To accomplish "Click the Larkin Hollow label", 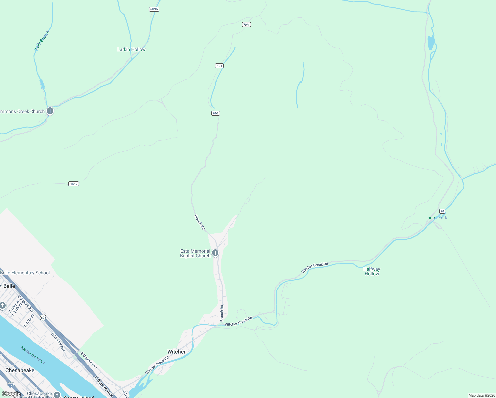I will (x=131, y=49).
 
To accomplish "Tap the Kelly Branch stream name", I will (x=42, y=41).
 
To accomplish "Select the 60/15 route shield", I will (x=154, y=9).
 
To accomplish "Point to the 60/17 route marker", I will (x=74, y=184).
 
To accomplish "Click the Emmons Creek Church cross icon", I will (x=50, y=111).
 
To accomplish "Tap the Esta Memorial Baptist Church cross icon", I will (x=215, y=253).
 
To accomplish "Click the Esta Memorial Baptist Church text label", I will (x=195, y=253).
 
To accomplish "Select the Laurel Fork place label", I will (x=436, y=218).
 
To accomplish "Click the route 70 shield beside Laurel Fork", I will (x=442, y=211).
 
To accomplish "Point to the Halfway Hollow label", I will (x=372, y=271).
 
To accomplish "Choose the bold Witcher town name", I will (x=176, y=352).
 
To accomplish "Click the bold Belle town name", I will (x=9, y=286).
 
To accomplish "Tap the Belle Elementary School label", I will (x=25, y=273).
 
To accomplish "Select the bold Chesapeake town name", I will (x=20, y=370).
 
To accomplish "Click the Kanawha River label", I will (x=33, y=355).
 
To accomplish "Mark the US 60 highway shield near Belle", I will (x=43, y=318).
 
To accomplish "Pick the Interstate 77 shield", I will (x=11, y=385).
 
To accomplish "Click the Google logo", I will (x=11, y=394).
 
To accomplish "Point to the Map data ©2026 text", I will (x=482, y=395).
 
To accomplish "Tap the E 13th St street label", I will (x=29, y=321).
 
